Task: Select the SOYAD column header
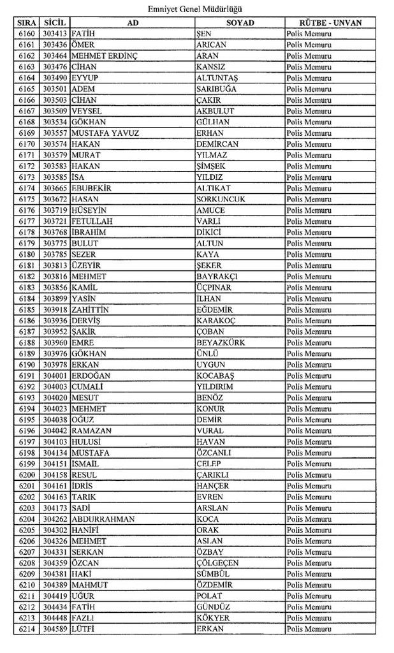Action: tap(240, 22)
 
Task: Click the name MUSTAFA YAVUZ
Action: tap(105, 133)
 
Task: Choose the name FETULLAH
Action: tap(93, 221)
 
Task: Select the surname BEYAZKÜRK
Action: tap(221, 342)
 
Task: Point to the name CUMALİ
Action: tap(89, 386)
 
